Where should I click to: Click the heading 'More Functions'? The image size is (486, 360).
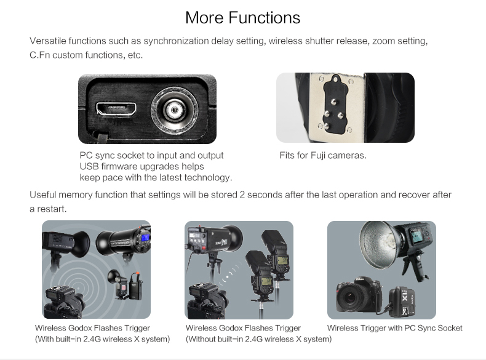point(242,17)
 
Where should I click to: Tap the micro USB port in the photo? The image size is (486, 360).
point(116,109)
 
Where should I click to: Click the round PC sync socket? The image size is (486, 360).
point(175,110)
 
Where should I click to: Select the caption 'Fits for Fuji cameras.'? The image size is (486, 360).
point(323,155)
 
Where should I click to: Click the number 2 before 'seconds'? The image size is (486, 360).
point(242,194)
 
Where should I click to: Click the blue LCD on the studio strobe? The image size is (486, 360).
point(145,238)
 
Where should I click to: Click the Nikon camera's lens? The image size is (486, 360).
point(350,298)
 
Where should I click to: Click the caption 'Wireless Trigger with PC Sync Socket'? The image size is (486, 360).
point(394,328)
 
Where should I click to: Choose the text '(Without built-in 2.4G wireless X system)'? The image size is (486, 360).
point(259,339)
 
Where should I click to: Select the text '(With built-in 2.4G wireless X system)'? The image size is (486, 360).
point(103,339)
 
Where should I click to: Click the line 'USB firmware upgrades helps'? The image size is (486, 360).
point(141,166)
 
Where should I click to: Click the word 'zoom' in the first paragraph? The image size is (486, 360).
point(383,41)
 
